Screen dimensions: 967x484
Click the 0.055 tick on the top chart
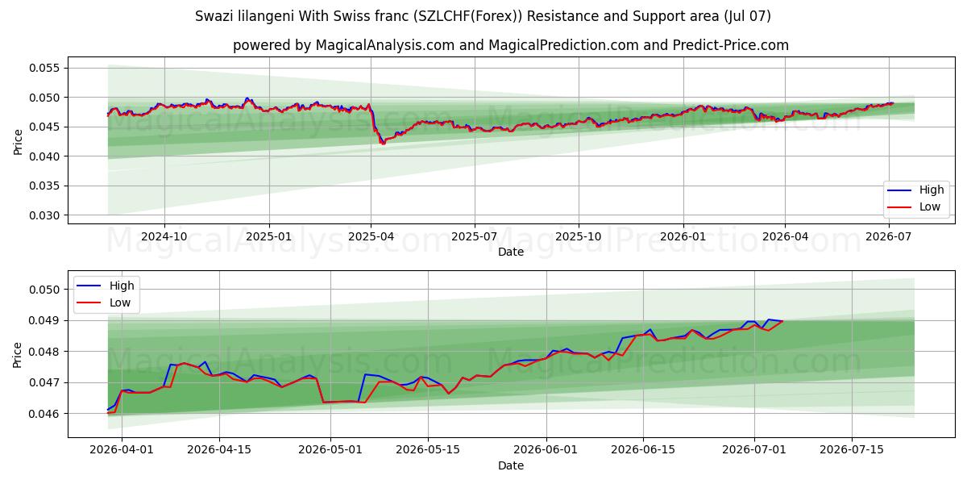tap(44, 68)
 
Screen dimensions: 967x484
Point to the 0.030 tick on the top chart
tap(44, 215)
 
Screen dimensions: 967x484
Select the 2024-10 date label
tap(164, 237)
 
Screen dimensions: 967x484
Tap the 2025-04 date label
tap(371, 237)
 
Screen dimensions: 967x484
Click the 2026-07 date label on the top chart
tap(888, 237)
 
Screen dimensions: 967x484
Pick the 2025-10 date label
tap(579, 237)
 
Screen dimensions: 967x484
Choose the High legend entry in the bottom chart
tap(106, 286)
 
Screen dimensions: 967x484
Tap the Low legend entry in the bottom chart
tap(104, 302)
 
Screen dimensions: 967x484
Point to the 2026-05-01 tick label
tap(330, 449)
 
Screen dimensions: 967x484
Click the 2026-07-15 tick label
tap(852, 449)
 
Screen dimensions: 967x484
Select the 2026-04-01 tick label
tap(122, 449)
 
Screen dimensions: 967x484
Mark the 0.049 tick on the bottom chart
tap(44, 321)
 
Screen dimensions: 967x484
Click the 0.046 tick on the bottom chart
tap(44, 414)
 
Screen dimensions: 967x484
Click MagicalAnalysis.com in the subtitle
tap(385, 45)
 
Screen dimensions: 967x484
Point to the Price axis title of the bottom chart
tap(17, 355)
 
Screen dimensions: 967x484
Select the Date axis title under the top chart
tap(511, 252)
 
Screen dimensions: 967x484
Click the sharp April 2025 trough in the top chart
tap(382, 144)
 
